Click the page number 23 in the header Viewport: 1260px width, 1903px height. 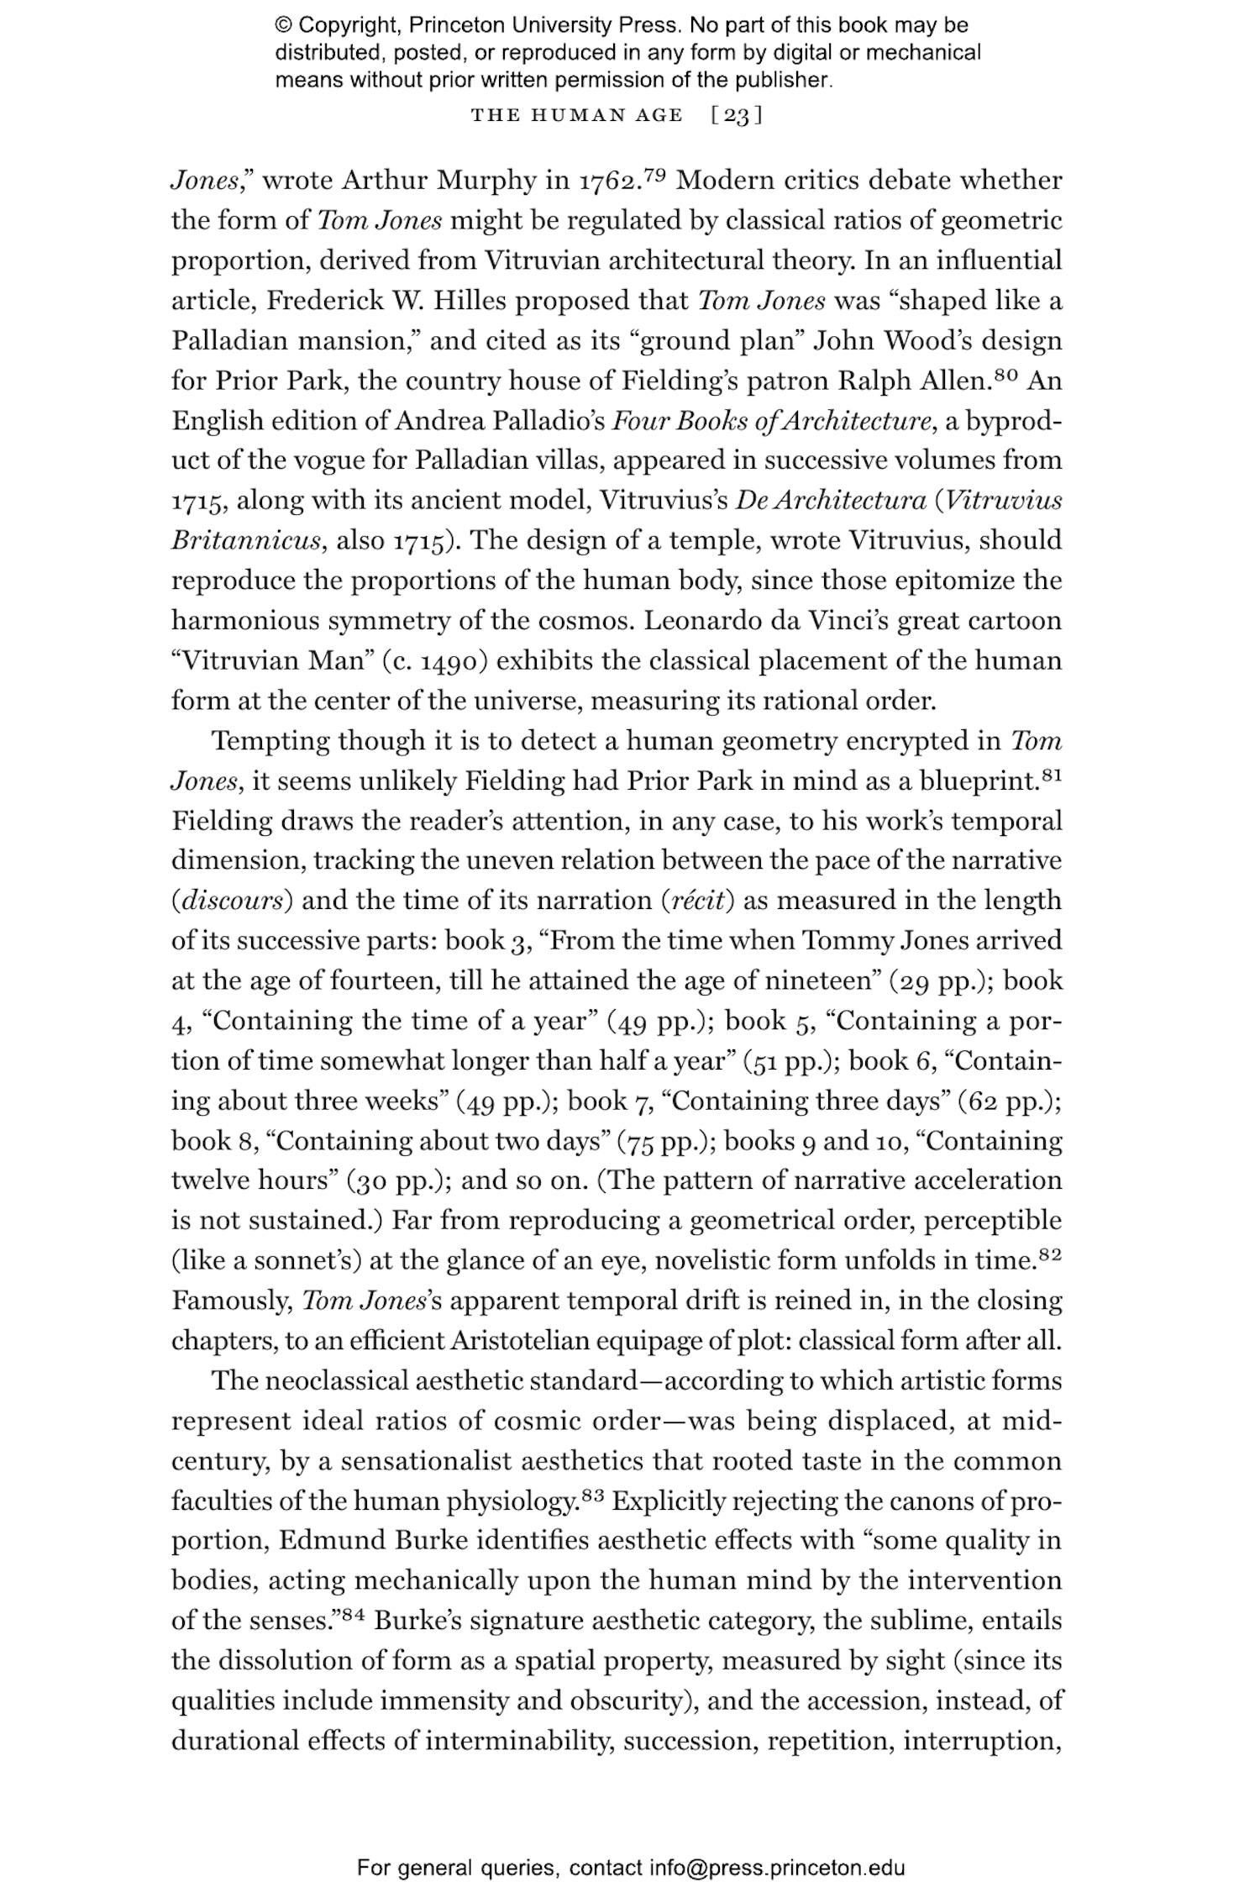pos(736,115)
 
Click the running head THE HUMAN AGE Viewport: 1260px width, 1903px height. pos(577,115)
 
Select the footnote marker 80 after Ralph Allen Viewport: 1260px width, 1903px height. pos(1006,374)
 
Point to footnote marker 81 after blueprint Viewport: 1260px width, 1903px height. pos(1052,774)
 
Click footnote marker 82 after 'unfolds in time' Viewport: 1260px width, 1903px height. pos(1050,1254)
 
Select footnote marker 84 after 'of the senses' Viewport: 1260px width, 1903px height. pos(353,1614)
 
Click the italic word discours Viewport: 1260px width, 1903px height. pos(233,901)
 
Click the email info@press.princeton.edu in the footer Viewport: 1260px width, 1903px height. pos(776,1869)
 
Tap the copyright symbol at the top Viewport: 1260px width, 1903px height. pos(284,26)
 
